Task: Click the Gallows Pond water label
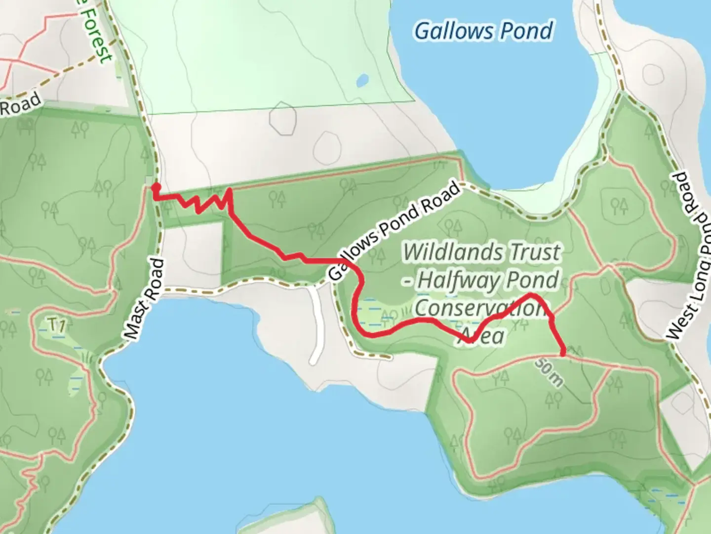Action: [x=483, y=31]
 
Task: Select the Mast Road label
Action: [x=144, y=299]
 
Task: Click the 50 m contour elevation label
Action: [x=549, y=372]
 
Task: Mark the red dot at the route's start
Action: [x=156, y=187]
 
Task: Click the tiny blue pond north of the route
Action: [x=363, y=80]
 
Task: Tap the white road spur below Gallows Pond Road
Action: [x=316, y=326]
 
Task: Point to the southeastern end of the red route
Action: [x=563, y=353]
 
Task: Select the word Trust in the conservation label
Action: [x=535, y=252]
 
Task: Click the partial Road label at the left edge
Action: [x=20, y=104]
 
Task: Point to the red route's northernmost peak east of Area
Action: [x=531, y=295]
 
